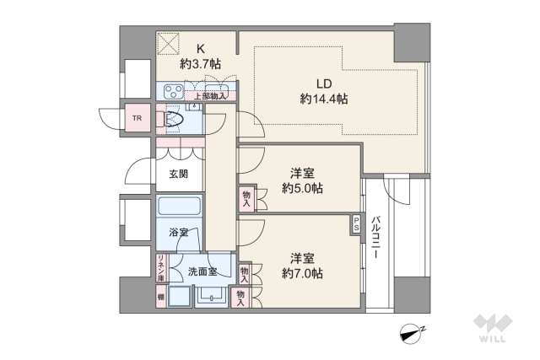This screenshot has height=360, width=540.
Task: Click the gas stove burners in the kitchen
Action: click(x=174, y=91)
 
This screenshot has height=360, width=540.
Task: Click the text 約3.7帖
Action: click(x=200, y=63)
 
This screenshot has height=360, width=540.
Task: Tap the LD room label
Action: click(x=324, y=83)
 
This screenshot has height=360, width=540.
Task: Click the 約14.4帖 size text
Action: click(x=324, y=99)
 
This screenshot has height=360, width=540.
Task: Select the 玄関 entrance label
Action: click(x=178, y=175)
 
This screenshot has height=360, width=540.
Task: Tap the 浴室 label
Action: click(x=178, y=233)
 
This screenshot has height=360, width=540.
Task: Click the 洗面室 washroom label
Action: click(x=202, y=271)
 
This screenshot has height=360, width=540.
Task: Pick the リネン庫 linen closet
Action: click(x=160, y=268)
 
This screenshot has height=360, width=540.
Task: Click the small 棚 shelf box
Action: click(x=160, y=296)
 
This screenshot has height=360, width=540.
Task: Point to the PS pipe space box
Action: click(x=357, y=225)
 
